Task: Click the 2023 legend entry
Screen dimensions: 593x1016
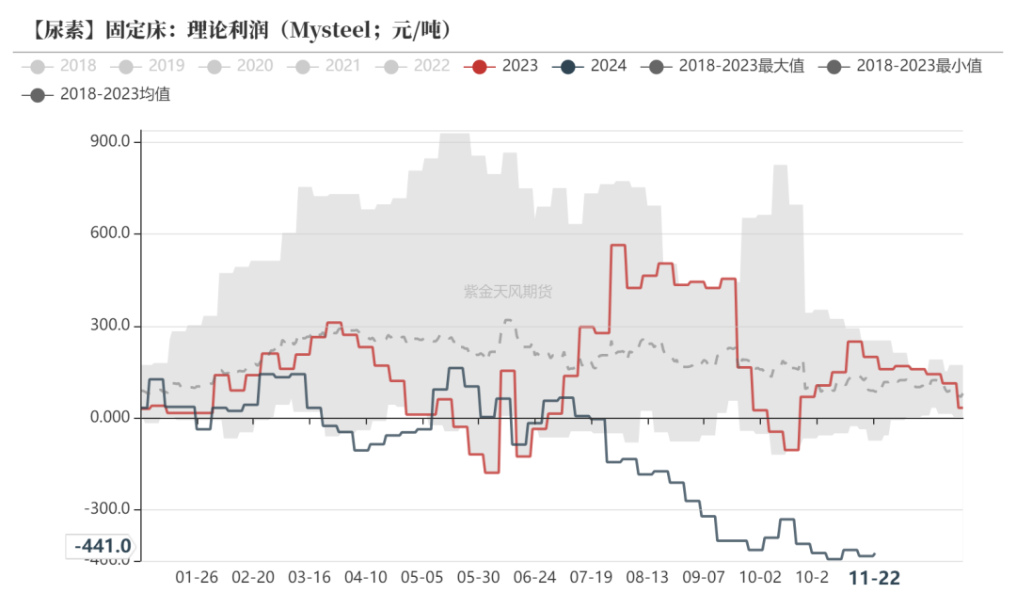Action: (506, 66)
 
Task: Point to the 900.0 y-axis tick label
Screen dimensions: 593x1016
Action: (108, 142)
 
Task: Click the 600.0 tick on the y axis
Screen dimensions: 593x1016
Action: (108, 234)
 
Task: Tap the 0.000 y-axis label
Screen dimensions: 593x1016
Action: (108, 418)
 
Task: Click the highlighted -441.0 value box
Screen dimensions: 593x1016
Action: (99, 546)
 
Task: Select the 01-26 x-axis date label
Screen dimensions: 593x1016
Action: (197, 577)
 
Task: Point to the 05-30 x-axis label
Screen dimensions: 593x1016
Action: (477, 577)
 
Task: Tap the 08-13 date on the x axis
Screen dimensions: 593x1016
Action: (647, 577)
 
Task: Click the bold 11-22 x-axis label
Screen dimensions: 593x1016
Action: (874, 577)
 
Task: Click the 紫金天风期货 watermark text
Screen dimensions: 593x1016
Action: (508, 292)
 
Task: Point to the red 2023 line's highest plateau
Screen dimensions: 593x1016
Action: (618, 246)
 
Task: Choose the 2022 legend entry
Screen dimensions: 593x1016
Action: (419, 66)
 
